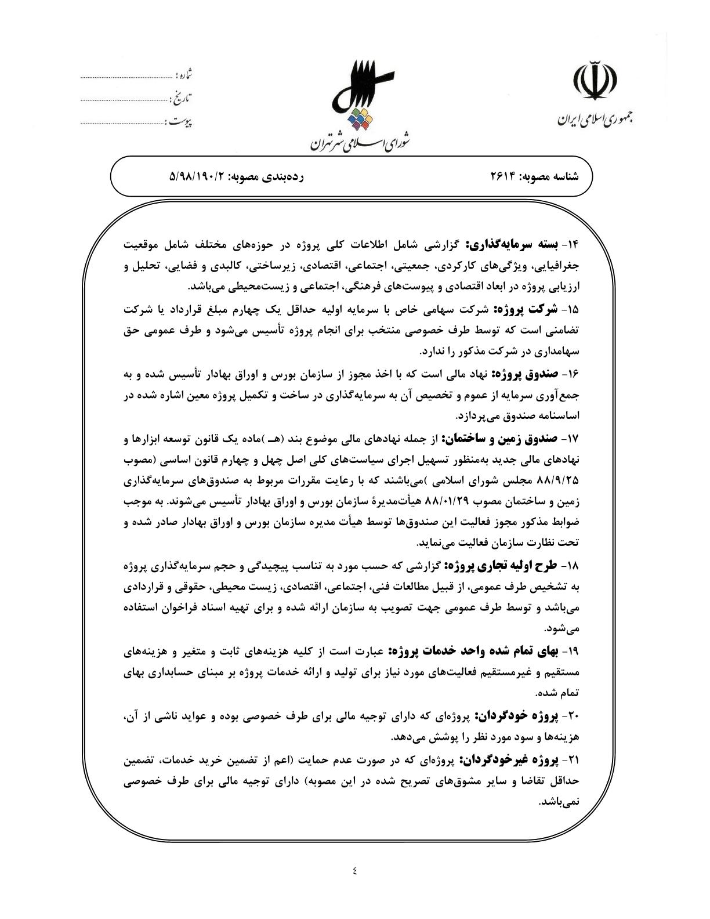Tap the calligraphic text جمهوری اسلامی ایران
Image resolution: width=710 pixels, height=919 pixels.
pyautogui.click(x=595, y=120)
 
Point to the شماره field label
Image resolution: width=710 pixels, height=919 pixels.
pyautogui.click(x=184, y=75)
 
